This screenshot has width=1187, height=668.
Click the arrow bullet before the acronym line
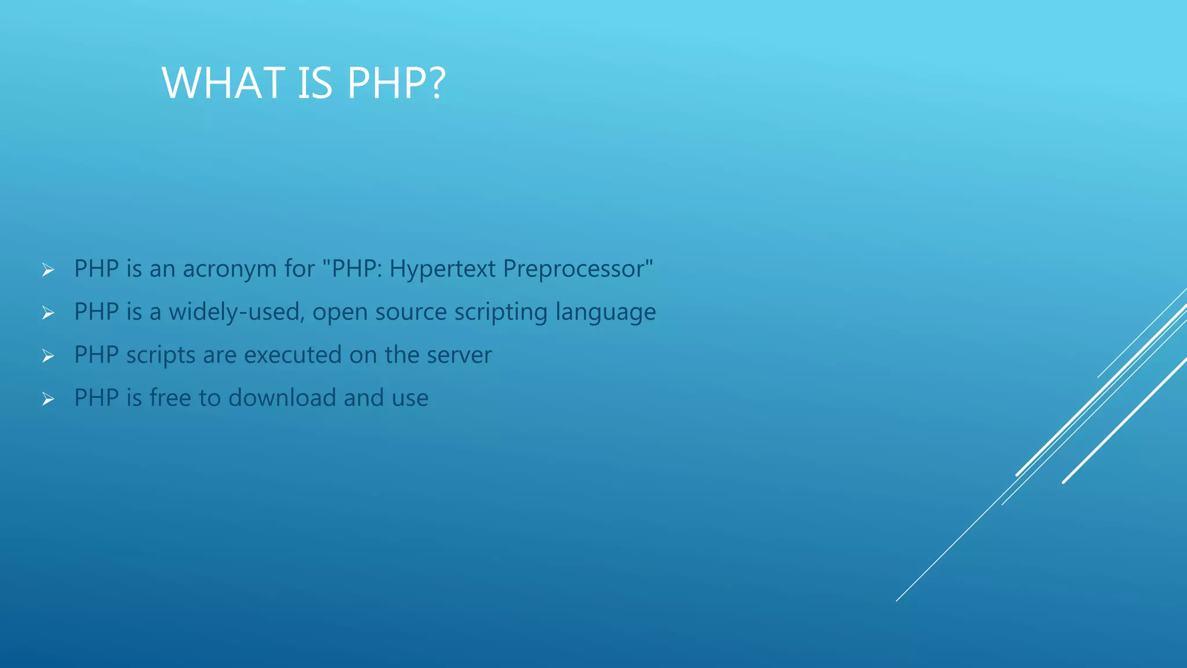[x=48, y=270]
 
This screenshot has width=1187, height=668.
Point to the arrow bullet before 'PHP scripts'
[x=48, y=355]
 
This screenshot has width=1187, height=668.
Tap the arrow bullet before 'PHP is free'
[x=48, y=399]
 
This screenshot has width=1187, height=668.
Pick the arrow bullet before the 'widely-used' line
[x=48, y=313]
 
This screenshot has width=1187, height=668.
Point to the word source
[x=411, y=313]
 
